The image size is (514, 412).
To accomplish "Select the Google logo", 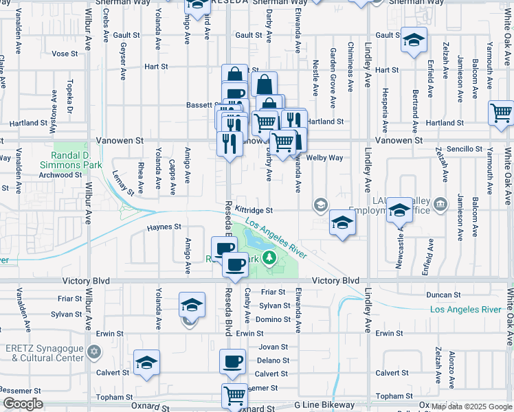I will (23, 404).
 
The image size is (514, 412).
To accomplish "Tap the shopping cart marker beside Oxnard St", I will (235, 395).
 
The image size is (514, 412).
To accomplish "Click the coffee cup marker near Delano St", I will (232, 361).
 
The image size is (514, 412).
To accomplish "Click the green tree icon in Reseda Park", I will (270, 259).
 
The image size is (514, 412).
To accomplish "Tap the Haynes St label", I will (164, 227).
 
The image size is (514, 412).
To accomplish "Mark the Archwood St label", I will (60, 175).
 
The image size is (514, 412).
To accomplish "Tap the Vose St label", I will (65, 53).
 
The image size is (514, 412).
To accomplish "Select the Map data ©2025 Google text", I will (472, 407).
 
